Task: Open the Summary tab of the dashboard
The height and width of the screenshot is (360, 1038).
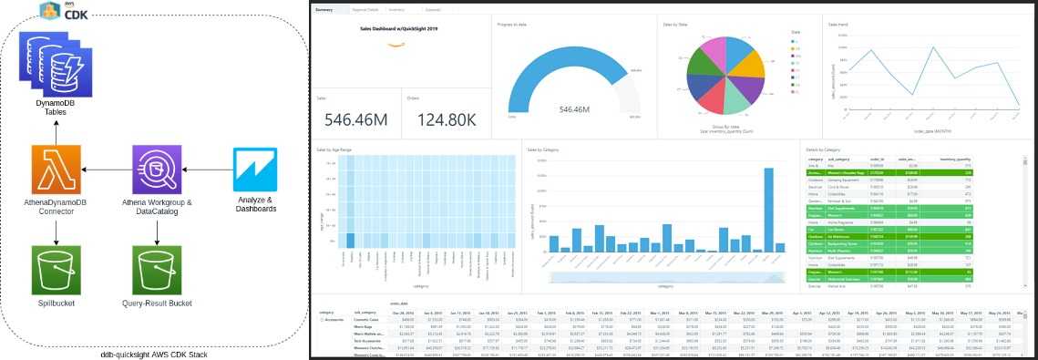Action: pyautogui.click(x=324, y=9)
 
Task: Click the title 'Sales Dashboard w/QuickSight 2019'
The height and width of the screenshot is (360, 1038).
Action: pyautogui.click(x=393, y=28)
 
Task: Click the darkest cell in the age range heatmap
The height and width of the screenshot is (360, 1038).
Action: pyautogui.click(x=350, y=241)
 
